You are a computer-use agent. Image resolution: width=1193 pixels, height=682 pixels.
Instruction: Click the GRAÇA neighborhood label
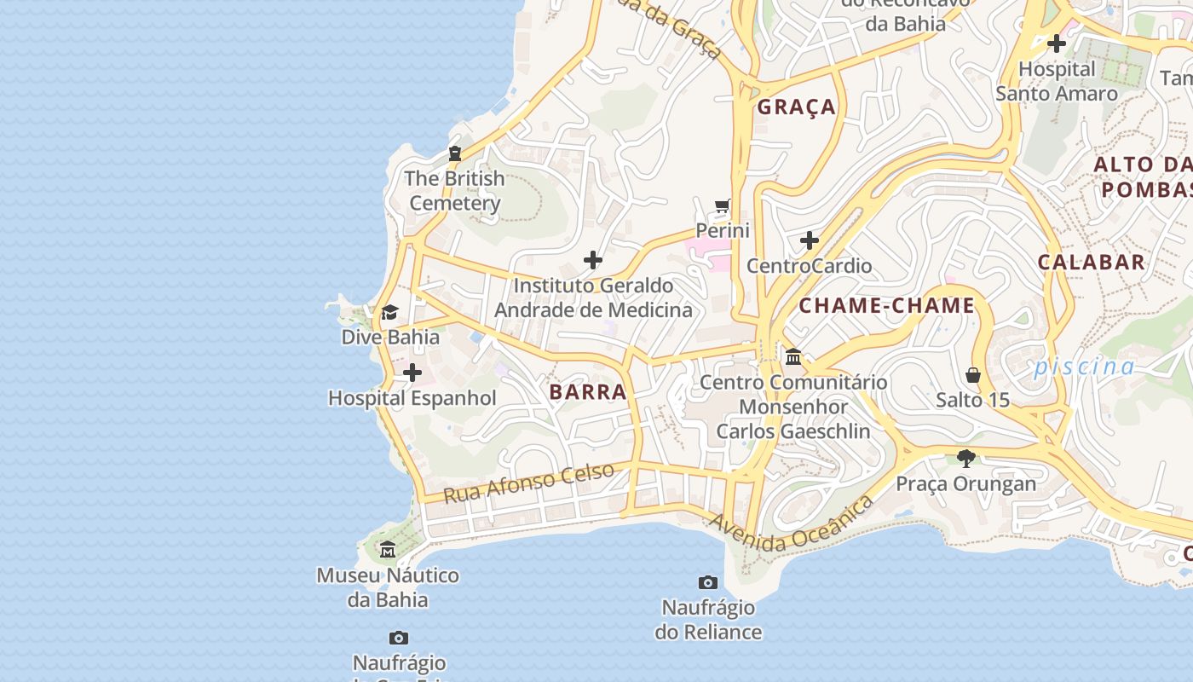coord(797,107)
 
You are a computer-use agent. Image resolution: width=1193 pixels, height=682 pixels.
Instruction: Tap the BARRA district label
coord(588,392)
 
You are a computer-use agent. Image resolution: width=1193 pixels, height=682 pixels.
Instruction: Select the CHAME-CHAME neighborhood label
coord(886,305)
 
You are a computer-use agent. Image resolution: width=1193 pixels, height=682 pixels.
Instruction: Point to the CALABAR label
coord(1091,263)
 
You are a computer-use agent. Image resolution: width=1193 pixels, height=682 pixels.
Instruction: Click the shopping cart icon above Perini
coord(723,205)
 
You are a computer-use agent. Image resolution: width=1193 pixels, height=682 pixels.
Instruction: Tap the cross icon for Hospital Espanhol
coord(412,373)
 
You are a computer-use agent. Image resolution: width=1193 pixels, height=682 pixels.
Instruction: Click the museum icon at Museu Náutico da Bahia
coord(388,549)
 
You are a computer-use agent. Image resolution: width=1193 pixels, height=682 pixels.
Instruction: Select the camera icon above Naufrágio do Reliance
coord(707,582)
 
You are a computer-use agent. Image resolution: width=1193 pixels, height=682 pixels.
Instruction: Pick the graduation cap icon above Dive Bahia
coord(389,312)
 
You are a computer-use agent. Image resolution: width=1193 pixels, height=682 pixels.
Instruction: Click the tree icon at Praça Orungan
coord(965,459)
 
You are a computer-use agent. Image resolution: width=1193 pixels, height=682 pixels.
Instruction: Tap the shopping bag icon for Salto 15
coord(972,375)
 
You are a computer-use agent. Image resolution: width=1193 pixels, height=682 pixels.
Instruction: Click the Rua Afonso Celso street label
coord(528,483)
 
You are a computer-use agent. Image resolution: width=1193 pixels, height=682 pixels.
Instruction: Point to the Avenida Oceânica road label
coord(791,523)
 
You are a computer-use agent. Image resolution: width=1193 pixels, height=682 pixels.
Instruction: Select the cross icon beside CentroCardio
coord(810,240)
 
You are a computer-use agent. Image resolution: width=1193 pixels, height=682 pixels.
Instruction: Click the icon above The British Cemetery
coord(455,153)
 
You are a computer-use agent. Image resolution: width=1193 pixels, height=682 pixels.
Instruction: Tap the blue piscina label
coord(1084,367)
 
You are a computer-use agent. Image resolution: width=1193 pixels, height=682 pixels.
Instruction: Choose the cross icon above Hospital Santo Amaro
coord(1057,43)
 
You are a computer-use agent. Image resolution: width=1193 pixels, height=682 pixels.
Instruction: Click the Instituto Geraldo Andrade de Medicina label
coord(593,298)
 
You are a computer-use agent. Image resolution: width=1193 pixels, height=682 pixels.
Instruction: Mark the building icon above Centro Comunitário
coord(793,356)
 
